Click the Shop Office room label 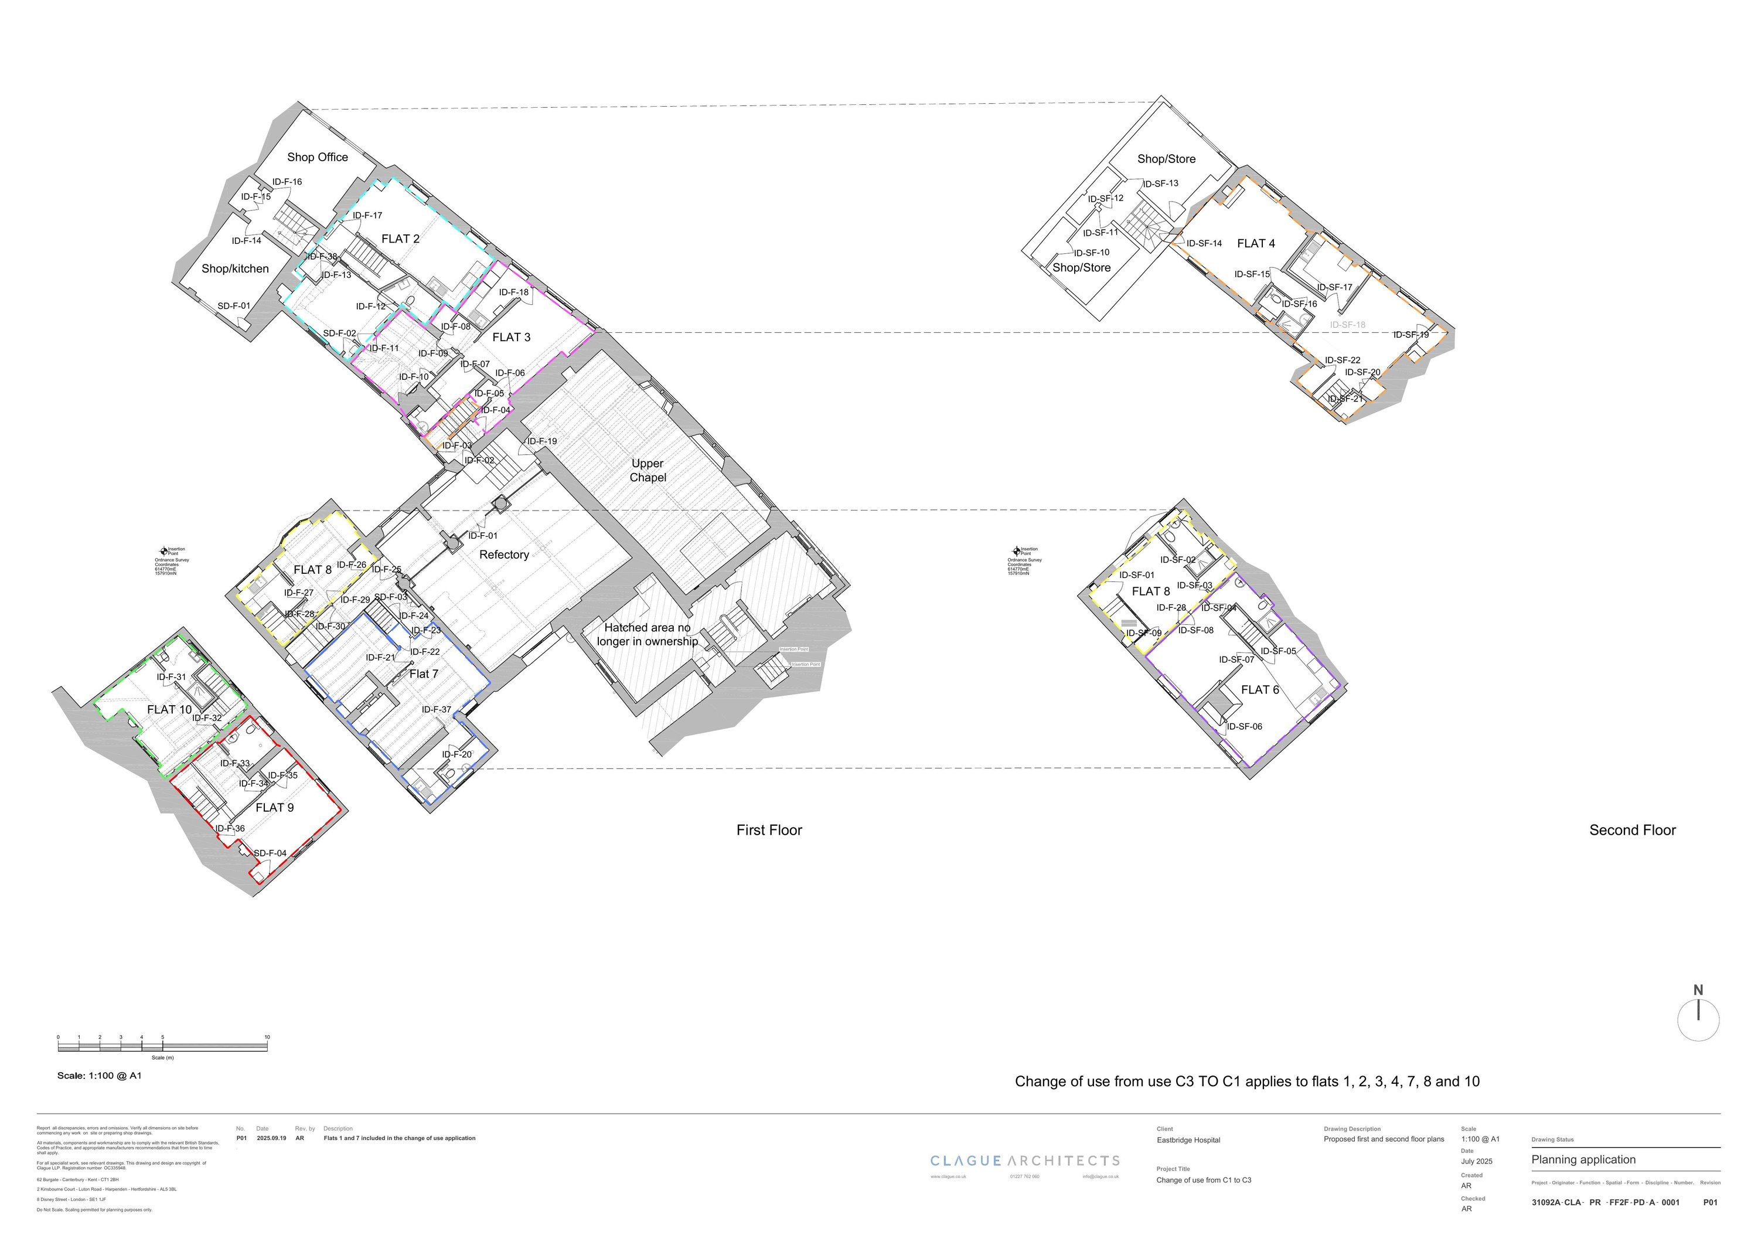[x=317, y=157]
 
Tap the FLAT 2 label [x=400, y=239]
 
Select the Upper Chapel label [x=648, y=470]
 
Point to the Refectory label [x=504, y=554]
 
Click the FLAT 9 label [x=274, y=808]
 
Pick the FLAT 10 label [x=169, y=710]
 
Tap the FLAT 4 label [x=1256, y=243]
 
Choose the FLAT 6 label [x=1259, y=690]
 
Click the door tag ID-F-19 [x=541, y=441]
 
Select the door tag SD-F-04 [x=270, y=853]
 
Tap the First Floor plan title [x=769, y=830]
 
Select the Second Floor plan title [x=1633, y=830]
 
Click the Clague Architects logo [x=1024, y=1161]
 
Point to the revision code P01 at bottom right [x=1710, y=1202]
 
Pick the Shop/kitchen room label [x=235, y=269]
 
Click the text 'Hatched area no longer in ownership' [x=647, y=635]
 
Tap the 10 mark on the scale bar [x=267, y=1037]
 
